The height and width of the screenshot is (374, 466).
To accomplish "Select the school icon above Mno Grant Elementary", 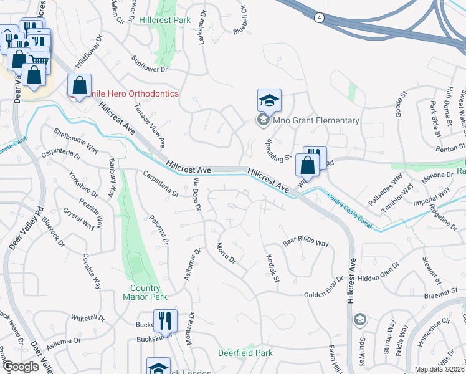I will (270, 100).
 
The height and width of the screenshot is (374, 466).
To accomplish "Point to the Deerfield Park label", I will (245, 353).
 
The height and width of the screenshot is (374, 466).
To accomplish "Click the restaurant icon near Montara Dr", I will (165, 321).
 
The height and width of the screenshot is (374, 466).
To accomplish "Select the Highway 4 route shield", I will (318, 18).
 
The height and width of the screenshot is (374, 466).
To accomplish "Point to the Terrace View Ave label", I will (150, 125).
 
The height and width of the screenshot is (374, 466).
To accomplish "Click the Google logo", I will (21, 367).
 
